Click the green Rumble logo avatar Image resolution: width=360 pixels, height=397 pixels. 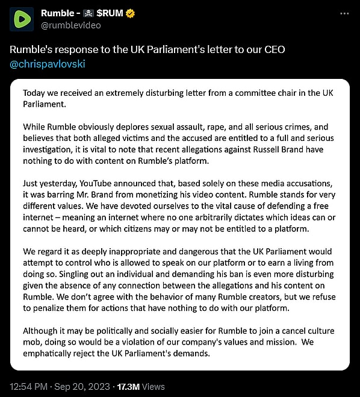tap(21, 19)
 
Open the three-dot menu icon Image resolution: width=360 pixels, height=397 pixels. tap(344, 13)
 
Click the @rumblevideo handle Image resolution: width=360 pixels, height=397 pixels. tap(70, 25)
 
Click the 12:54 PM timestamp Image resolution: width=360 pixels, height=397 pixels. tap(28, 386)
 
